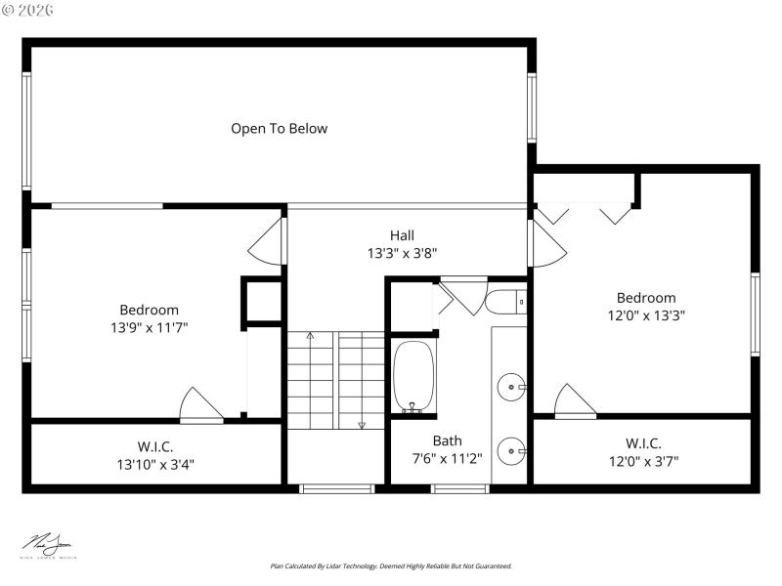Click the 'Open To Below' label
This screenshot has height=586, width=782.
[279, 128]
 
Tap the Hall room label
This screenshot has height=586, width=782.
[402, 235]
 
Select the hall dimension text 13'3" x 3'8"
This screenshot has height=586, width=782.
[402, 253]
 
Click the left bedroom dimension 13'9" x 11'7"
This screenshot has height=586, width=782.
[149, 327]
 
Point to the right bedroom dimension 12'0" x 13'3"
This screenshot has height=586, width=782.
[645, 315]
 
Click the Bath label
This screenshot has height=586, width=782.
[447, 440]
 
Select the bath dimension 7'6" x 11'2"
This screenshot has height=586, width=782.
[447, 458]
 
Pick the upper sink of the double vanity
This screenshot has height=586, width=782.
[510, 388]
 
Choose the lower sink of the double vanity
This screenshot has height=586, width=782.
[510, 451]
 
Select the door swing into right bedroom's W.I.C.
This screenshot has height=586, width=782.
[574, 401]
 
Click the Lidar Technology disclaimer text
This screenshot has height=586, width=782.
[391, 565]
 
